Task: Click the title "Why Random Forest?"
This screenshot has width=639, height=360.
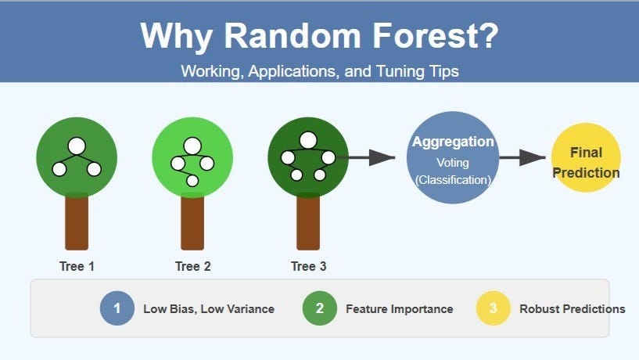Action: pos(319,37)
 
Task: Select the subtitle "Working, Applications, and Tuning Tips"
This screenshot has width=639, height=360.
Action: pos(319,70)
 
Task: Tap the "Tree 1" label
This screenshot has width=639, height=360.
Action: pos(77,266)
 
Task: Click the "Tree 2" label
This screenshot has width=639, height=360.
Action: pos(192,266)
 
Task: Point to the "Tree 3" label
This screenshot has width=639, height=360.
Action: pos(308,266)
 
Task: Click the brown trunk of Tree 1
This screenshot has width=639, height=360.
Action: pos(77,223)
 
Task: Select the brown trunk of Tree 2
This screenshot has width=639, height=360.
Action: pos(192,223)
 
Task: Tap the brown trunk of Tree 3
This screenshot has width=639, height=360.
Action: pos(308,223)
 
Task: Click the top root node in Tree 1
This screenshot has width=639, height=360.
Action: pos(77,146)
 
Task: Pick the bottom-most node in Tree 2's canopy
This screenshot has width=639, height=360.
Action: pos(192,181)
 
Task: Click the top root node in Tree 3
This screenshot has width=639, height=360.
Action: pos(308,140)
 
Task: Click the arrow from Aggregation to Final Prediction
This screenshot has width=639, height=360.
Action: pos(522,158)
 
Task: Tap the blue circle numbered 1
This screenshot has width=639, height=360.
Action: pos(117,308)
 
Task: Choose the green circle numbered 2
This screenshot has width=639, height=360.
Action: pos(320,308)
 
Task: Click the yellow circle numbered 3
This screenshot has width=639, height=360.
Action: pos(494,308)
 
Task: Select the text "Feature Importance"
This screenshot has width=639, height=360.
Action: pos(399,309)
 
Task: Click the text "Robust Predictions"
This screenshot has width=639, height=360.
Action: pos(572,309)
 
